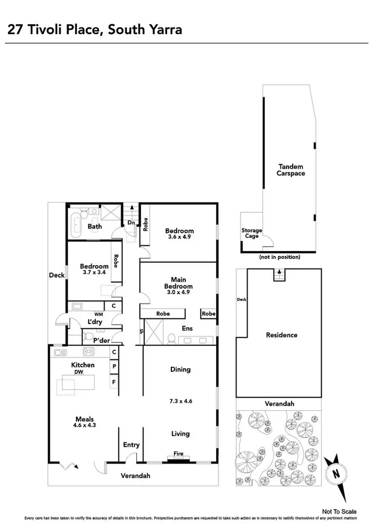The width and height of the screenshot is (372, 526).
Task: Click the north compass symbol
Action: coord(338,473)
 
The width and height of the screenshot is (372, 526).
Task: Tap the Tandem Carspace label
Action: coord(290,170)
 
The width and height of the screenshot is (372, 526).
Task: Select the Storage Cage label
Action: coord(251,234)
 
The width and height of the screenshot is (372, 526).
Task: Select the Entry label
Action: coord(131,445)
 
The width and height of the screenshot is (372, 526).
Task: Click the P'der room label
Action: coord(102,340)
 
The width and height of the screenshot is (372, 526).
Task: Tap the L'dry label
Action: coord(95,322)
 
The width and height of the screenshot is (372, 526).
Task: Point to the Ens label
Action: coord(186,328)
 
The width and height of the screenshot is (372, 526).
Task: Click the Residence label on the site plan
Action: coord(282,335)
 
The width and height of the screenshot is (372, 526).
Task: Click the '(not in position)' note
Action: coord(280,256)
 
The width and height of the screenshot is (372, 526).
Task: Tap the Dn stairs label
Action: coord(131,222)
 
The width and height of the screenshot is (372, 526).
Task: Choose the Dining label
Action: coord(180,370)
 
